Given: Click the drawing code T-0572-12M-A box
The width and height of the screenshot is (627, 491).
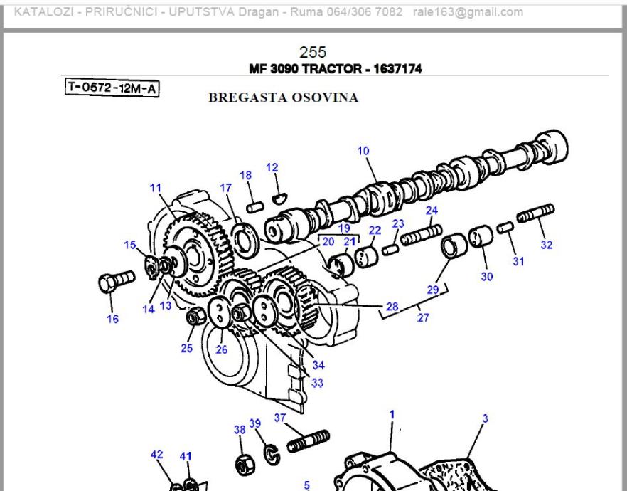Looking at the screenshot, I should point(112,88).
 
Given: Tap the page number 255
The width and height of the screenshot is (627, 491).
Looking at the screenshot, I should point(313,52).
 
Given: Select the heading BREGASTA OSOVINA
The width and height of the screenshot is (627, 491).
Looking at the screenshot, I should point(283,98).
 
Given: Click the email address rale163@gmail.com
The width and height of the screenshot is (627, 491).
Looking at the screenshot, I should point(468,12).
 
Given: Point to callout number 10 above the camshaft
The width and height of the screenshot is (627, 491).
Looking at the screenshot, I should point(363,151).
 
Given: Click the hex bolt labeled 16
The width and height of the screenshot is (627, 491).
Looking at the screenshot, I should point(115,281).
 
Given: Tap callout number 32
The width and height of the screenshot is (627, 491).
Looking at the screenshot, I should point(546,245).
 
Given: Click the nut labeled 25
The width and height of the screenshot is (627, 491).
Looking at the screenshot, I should point(191,317).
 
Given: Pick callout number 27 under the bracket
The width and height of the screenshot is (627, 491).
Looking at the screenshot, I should point(423,318).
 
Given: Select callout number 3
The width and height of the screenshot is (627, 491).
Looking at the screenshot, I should point(486,419).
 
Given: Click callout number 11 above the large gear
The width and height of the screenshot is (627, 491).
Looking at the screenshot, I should point(156,188).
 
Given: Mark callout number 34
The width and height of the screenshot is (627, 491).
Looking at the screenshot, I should point(318,366).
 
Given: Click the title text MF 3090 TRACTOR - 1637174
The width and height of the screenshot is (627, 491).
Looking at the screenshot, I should point(336,69).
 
